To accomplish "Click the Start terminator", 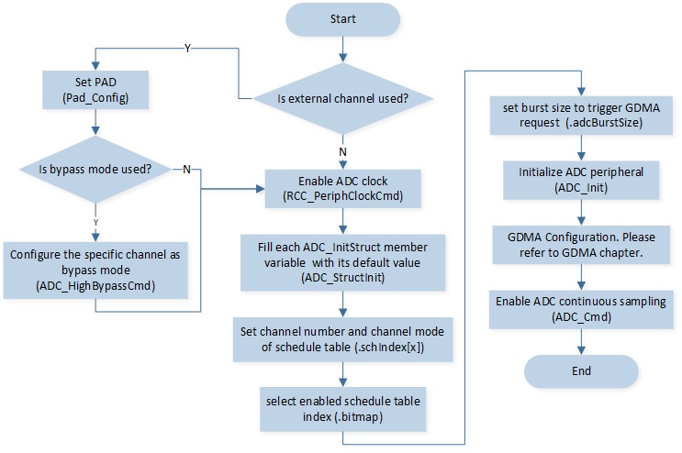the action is [x=342, y=19].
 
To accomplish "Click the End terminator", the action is [x=581, y=371].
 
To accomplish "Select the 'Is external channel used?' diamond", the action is [x=342, y=99].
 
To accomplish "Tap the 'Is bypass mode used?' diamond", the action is [x=95, y=169].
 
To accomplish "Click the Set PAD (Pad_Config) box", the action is [x=95, y=90].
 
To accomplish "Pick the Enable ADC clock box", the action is [x=342, y=189].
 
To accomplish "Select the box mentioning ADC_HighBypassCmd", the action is [x=95, y=271].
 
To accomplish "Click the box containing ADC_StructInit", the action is [x=342, y=262].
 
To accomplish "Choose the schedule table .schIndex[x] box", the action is [x=342, y=339].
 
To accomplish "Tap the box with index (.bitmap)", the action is [x=342, y=409].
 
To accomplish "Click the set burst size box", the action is [x=581, y=116].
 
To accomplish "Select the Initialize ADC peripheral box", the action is [x=581, y=181].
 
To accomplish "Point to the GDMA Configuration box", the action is [x=581, y=245].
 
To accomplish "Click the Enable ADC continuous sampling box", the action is [x=581, y=309].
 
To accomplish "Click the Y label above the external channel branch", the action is [x=187, y=49].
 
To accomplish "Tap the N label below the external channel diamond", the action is [x=342, y=152].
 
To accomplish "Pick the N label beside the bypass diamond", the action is [x=186, y=170].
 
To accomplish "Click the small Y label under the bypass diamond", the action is [x=95, y=223].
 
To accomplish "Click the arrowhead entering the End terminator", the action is [x=581, y=351].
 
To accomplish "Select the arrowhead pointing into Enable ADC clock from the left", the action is [x=261, y=189].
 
